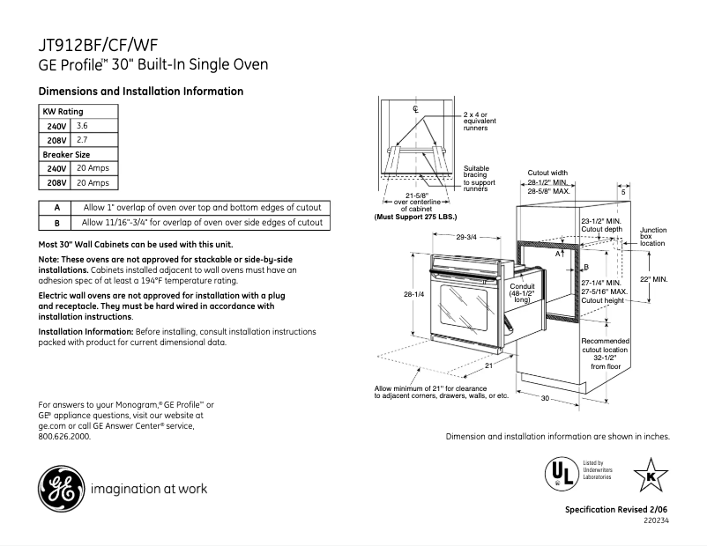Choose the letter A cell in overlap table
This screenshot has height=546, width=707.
(56, 207)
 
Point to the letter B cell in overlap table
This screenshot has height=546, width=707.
(56, 224)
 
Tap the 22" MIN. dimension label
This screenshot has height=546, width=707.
(654, 279)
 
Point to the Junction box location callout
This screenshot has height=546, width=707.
(653, 236)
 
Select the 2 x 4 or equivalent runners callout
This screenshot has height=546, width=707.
(476, 121)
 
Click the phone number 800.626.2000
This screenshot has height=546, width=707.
(65, 435)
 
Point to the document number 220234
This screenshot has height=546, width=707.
(657, 520)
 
